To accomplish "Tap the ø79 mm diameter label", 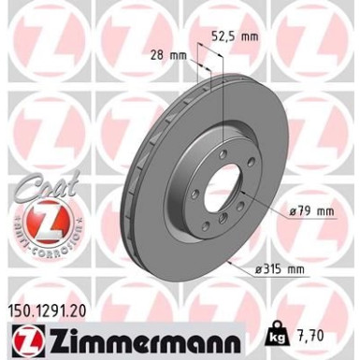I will [312, 211].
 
